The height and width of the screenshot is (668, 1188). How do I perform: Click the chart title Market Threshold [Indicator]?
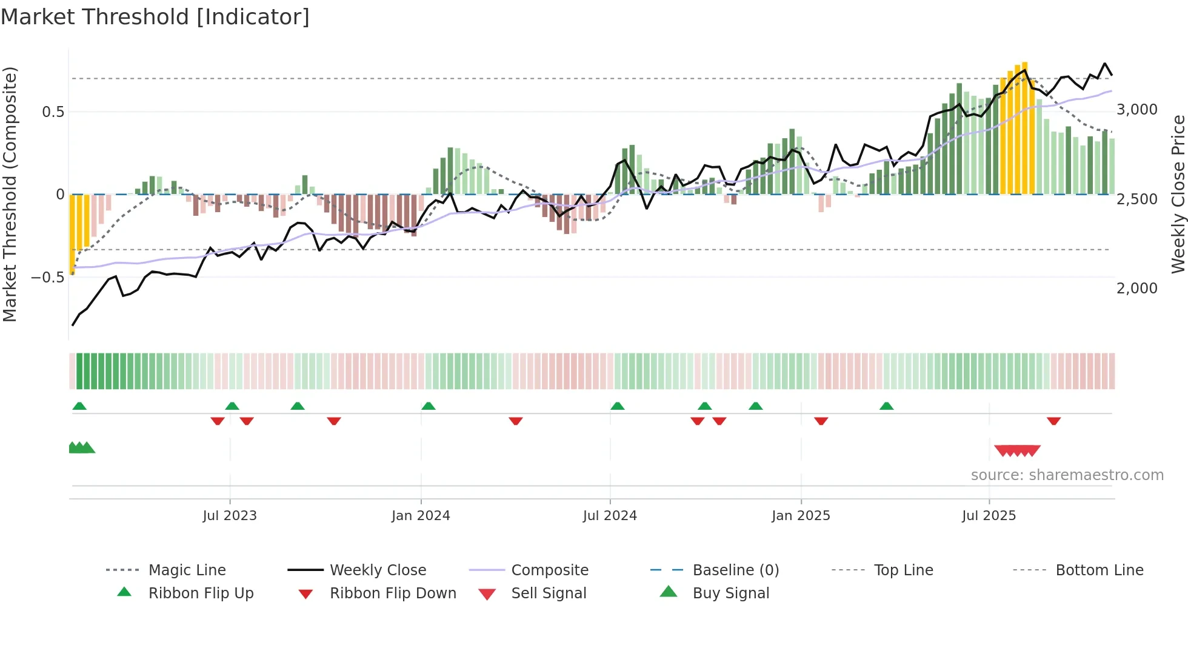(x=155, y=17)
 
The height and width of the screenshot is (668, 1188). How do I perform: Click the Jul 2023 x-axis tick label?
(x=230, y=516)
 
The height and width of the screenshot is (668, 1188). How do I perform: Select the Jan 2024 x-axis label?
(x=421, y=516)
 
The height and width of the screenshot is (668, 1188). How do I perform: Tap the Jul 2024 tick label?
(x=610, y=516)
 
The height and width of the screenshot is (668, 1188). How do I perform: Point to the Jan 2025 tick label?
(x=801, y=516)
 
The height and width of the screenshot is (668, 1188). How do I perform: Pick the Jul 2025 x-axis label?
(x=989, y=516)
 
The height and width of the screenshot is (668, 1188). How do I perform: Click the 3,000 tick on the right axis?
(x=1137, y=110)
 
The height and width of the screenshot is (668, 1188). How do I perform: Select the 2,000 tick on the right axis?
(x=1137, y=289)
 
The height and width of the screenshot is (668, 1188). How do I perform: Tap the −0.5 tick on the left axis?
(x=47, y=278)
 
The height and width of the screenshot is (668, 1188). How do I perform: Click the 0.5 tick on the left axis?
(x=53, y=112)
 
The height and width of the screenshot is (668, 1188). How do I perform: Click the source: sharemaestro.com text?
(x=1067, y=475)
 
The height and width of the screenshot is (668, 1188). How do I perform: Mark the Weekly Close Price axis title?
(x=1178, y=194)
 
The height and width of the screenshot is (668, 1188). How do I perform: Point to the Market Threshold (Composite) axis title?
(x=10, y=194)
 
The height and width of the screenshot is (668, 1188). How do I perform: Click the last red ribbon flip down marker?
(x=1053, y=421)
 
